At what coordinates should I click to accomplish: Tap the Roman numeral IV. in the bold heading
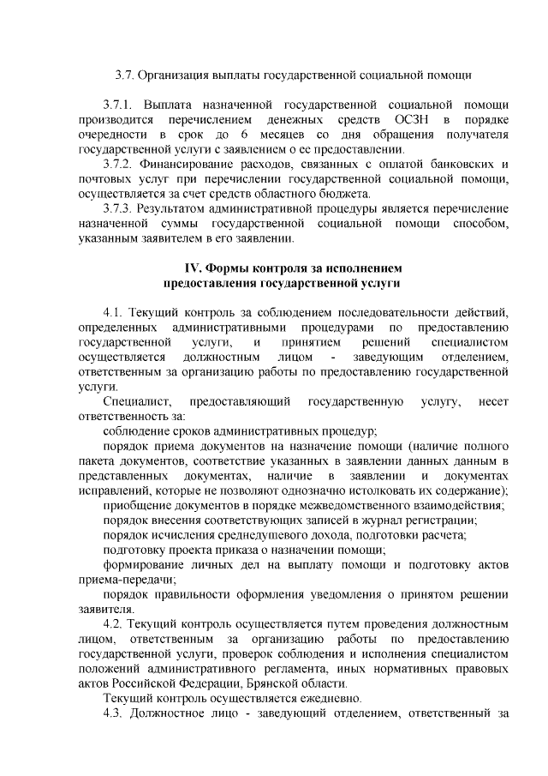198,268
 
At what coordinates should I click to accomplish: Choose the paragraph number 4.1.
115,312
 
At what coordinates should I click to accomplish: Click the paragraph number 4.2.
115,624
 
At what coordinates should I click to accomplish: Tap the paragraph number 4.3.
115,713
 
